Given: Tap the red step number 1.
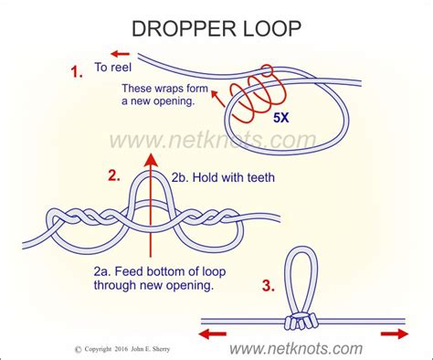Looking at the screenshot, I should (78, 68).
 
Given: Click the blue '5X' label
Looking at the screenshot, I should (280, 117).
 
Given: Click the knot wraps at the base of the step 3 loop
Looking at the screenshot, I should (301, 321).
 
